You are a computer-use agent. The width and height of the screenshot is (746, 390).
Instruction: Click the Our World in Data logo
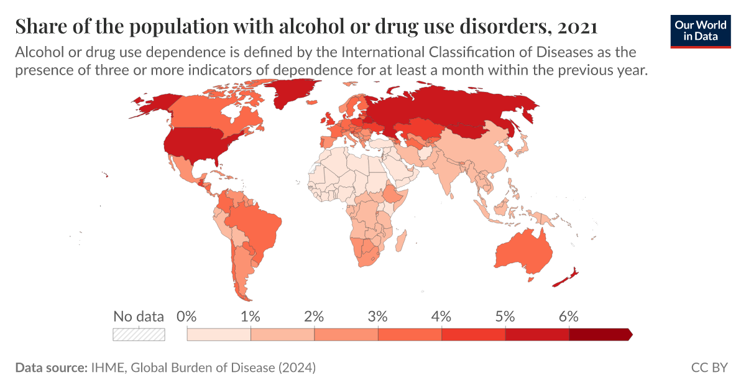tap(701, 30)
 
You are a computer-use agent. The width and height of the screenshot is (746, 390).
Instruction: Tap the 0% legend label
tap(186, 316)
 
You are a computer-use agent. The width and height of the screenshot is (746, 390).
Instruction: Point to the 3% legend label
tap(378, 316)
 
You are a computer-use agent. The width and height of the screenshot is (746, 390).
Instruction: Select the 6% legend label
tap(569, 316)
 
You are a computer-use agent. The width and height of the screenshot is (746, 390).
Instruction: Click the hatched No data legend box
tap(139, 335)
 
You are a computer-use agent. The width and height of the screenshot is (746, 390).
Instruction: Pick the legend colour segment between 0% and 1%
tap(219, 335)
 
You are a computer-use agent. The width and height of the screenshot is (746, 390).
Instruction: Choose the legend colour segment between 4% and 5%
tap(474, 335)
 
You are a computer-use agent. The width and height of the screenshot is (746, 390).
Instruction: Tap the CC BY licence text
tap(709, 368)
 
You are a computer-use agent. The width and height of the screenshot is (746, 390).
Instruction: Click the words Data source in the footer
tap(50, 368)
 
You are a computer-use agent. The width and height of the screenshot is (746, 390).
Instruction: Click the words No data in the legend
tap(139, 316)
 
